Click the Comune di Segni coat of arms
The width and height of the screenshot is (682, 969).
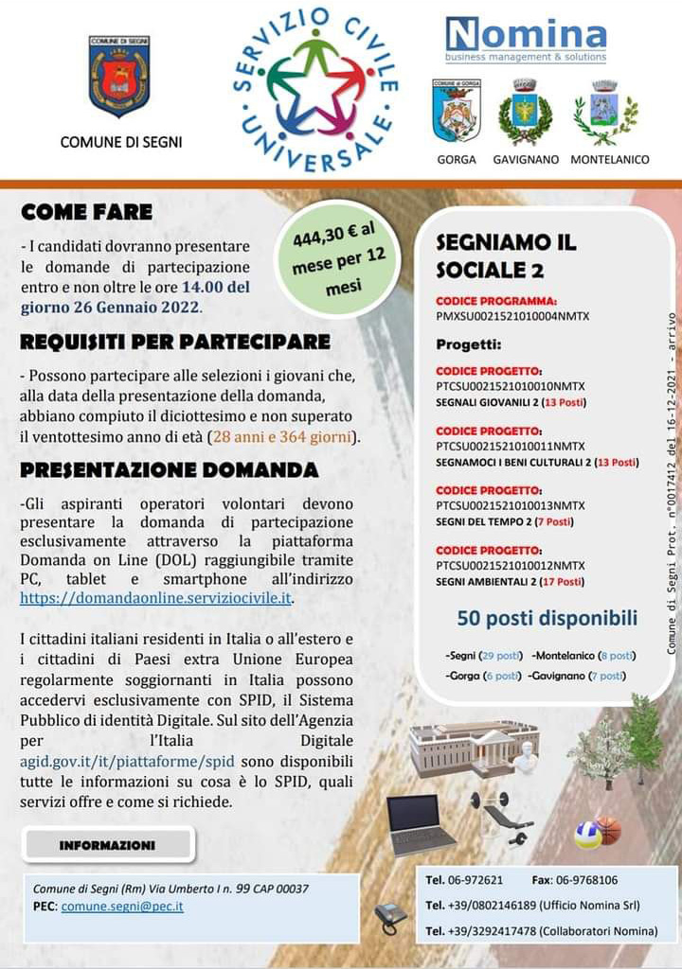pos(119,76)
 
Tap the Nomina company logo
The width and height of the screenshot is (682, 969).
pos(526,39)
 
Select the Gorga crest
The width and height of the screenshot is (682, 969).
pos(457,111)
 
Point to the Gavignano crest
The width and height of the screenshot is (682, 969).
pos(525,112)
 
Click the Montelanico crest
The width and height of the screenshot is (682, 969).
pos(605,112)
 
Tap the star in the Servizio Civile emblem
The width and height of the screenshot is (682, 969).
pos(315,93)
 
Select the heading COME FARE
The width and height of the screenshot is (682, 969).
pos(86,213)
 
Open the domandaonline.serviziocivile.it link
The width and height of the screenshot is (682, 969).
pos(157,598)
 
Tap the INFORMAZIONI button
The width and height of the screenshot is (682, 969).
pos(107,844)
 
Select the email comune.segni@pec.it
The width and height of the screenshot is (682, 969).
pos(122,906)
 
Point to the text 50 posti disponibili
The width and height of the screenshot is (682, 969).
pos(547,619)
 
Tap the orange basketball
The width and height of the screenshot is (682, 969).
pos(610,830)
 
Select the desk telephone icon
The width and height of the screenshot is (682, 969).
pos(389,916)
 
